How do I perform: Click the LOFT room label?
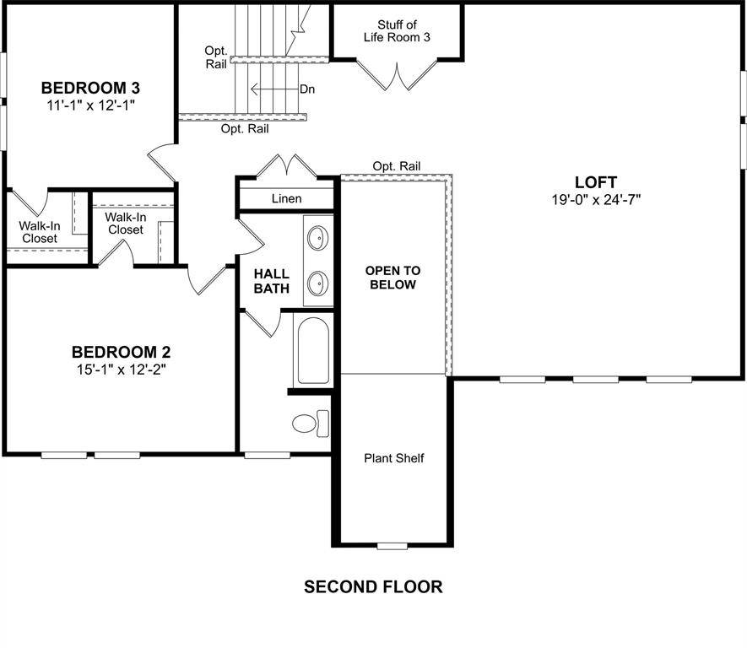[595, 182]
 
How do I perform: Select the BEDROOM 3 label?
[90, 88]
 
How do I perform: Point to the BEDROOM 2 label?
[116, 352]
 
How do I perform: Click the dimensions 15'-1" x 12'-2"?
[116, 369]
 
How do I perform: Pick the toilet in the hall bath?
[309, 422]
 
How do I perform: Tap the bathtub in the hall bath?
[314, 350]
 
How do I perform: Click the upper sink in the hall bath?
[318, 238]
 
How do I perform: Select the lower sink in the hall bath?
[318, 282]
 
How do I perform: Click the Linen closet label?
[287, 199]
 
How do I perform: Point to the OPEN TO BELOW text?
[392, 278]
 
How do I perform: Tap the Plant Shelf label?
[393, 458]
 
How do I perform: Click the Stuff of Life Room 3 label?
[397, 30]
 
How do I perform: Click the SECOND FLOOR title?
[373, 586]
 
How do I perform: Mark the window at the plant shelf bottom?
[392, 547]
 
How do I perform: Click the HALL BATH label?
[271, 281]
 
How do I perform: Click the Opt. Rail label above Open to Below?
[396, 166]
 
